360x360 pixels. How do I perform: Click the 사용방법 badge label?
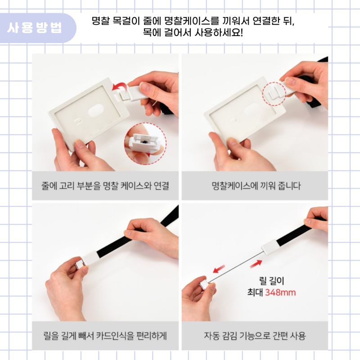coord(35,28)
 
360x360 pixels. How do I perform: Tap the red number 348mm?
coord(280,292)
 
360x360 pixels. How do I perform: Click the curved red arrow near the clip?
coord(119,87)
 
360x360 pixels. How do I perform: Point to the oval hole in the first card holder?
coord(95,110)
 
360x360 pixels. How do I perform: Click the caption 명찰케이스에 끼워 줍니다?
coord(256,186)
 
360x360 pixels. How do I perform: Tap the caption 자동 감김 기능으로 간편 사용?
coord(255,336)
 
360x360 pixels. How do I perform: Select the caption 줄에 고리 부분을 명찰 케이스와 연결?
coord(105,186)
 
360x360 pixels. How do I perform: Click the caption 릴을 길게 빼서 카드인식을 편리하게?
coord(105,336)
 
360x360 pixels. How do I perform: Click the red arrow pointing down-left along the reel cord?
coord(219,269)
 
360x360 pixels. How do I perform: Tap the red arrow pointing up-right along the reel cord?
coord(256,264)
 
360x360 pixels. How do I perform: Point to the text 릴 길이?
coord(272,281)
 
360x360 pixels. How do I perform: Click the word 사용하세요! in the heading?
coord(219,32)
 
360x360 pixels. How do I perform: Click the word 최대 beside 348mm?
coord(255,292)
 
